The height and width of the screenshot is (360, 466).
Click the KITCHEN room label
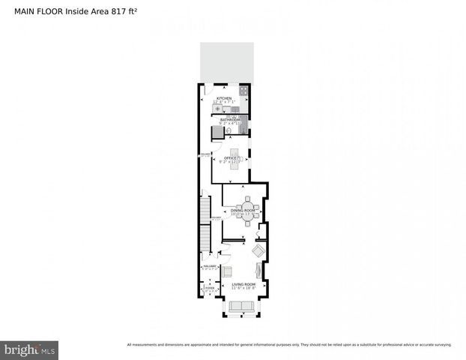click(224, 98)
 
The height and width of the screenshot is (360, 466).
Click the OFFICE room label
click(231, 158)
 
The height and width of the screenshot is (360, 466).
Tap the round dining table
click(248, 208)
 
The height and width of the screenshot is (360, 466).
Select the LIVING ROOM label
click(243, 285)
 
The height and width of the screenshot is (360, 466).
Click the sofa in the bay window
click(241, 305)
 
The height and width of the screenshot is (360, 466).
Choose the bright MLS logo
click(30, 349)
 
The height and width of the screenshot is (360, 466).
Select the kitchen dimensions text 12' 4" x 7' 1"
click(224, 103)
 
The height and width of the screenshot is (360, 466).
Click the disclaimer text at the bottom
click(289, 345)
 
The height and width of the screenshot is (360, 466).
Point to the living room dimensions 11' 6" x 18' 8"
click(243, 289)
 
